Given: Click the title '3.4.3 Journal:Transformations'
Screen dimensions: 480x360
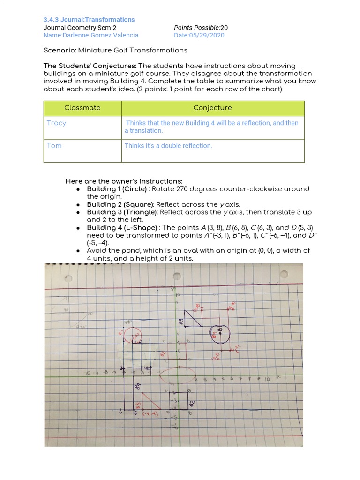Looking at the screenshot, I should [x=89, y=20].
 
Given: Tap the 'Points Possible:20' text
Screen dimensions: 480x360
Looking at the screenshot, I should [x=201, y=28].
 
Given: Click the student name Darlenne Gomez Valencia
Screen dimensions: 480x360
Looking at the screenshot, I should [x=91, y=35].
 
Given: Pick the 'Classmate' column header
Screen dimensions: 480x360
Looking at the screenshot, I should [x=82, y=108].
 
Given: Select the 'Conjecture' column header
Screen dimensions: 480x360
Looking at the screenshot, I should [x=212, y=108].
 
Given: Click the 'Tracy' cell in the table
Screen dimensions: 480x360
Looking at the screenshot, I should [x=57, y=123].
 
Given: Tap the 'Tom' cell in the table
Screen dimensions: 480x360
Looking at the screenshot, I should [x=54, y=146].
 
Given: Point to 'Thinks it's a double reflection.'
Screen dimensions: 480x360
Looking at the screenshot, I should [x=168, y=146].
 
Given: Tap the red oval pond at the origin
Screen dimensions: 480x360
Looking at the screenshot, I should [x=178, y=375].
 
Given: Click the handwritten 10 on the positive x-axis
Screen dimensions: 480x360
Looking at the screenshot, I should [x=267, y=379].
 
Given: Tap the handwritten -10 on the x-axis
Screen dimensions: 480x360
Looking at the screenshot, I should [x=88, y=373].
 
